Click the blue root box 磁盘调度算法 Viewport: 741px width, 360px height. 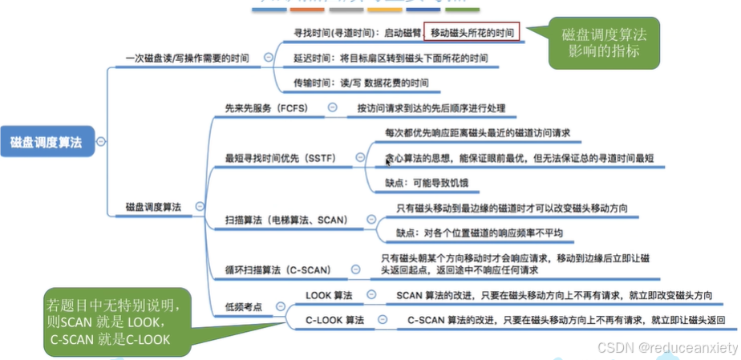point(47,141)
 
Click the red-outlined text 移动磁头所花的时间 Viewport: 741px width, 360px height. point(472,33)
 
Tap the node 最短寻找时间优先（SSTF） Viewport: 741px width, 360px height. point(281,160)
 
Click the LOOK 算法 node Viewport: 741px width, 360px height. point(329,296)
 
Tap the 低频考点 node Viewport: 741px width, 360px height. point(246,307)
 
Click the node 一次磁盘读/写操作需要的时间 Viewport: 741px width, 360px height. point(188,58)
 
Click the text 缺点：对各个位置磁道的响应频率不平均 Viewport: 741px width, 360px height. point(480,233)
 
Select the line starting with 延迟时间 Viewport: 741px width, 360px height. point(391,58)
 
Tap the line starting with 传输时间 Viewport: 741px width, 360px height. point(361,83)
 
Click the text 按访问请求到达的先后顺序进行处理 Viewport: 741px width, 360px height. point(431,107)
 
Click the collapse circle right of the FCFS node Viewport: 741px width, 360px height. point(332,107)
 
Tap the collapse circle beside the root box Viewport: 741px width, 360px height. point(100,141)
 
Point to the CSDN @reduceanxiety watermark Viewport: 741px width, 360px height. point(665,347)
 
